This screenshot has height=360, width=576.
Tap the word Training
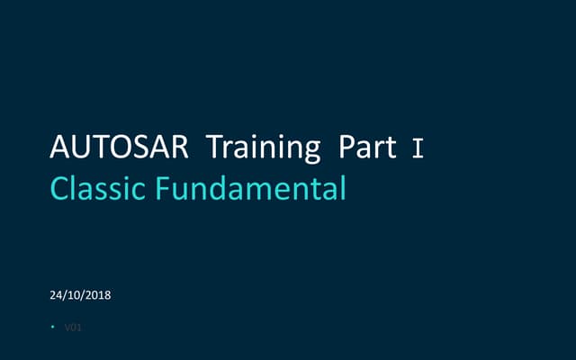click(x=264, y=148)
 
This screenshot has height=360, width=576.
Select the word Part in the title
click(x=368, y=147)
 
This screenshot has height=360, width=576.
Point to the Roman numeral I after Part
click(x=417, y=148)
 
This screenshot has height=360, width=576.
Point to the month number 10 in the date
click(x=74, y=294)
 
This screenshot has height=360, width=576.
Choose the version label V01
click(x=73, y=328)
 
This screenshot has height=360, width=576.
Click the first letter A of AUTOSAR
click(x=60, y=147)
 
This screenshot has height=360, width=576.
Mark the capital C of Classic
click(x=61, y=189)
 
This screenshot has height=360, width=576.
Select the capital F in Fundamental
click(x=164, y=189)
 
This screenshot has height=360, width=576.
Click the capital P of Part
click(x=346, y=147)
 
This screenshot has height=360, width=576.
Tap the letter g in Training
click(x=310, y=150)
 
